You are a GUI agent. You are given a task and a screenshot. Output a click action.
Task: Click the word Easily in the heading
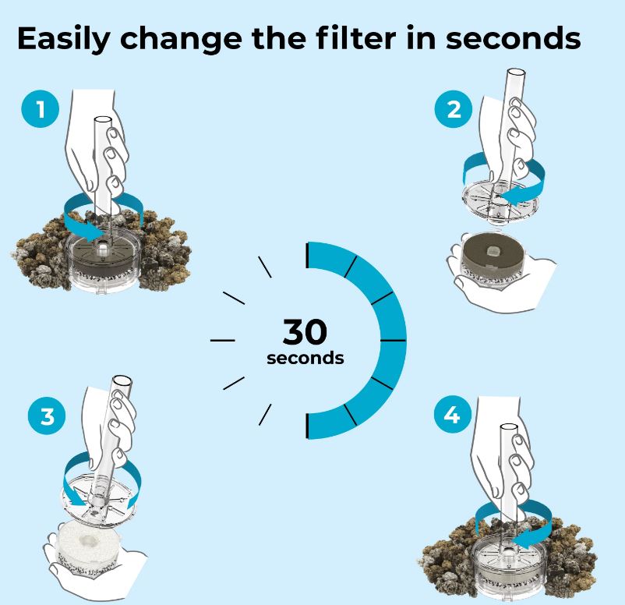pos(63,39)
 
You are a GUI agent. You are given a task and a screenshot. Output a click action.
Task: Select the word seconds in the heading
pos(513,38)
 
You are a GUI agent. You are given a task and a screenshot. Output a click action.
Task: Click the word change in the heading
pos(181,40)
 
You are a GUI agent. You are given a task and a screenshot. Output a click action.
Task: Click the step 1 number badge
pos(41,109)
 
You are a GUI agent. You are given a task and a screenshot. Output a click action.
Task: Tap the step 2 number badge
pos(454,109)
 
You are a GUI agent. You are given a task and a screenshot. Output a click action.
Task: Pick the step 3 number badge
pos(47,416)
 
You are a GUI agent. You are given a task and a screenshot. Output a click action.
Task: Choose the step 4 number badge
pos(453,415)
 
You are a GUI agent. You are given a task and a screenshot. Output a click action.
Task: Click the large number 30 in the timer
pos(305,332)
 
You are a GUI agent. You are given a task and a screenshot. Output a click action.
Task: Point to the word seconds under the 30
pos(305,358)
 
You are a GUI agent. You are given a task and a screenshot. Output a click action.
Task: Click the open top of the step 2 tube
pos(515,73)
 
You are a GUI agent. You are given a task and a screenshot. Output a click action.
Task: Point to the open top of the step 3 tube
pos(122,380)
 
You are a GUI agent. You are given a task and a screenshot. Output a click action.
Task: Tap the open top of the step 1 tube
pos(103,120)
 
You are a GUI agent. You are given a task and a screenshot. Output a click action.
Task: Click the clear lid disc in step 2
pos(500,201)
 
